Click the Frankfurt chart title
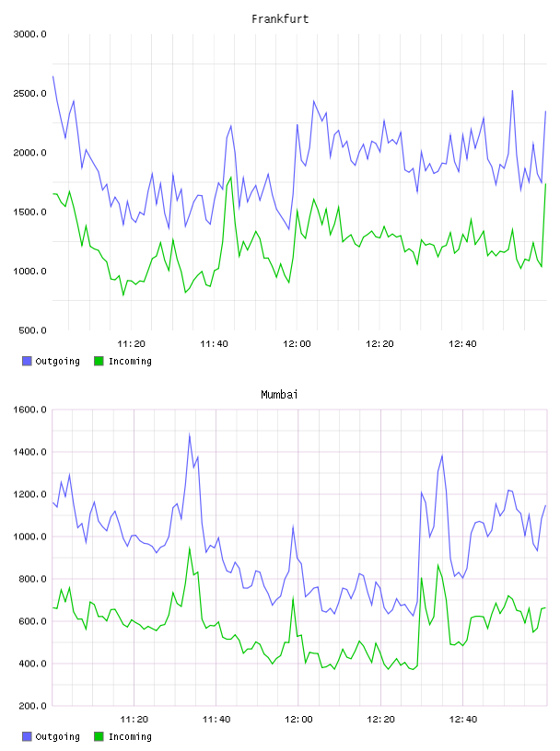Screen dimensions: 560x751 click(x=280, y=18)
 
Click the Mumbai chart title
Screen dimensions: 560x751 click(x=279, y=394)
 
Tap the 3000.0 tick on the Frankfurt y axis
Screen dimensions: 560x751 click(x=30, y=34)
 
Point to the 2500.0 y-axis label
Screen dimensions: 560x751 click(x=30, y=93)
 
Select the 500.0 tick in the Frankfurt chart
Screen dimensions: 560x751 click(x=32, y=330)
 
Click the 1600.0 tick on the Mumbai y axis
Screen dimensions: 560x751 click(x=30, y=410)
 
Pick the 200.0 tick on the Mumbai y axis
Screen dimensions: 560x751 click(x=32, y=706)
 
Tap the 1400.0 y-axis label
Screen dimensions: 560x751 click(x=30, y=452)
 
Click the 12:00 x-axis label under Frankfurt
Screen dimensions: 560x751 click(x=297, y=343)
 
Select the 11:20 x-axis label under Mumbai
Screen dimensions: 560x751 click(x=134, y=719)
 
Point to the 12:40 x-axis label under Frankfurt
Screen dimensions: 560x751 click(x=462, y=343)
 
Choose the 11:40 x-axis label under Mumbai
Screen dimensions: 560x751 click(x=216, y=719)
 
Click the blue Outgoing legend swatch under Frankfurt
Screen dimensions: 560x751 click(x=27, y=361)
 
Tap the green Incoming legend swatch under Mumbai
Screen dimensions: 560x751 click(x=99, y=736)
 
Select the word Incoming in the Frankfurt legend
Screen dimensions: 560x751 click(x=130, y=361)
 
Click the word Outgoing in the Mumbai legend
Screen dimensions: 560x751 click(x=57, y=736)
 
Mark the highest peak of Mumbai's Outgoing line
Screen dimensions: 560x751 click(x=190, y=435)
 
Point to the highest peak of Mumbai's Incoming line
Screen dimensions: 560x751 click(x=190, y=549)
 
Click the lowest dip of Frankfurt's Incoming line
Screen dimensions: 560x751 click(x=123, y=295)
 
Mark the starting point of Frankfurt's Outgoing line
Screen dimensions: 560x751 click(x=52, y=76)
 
